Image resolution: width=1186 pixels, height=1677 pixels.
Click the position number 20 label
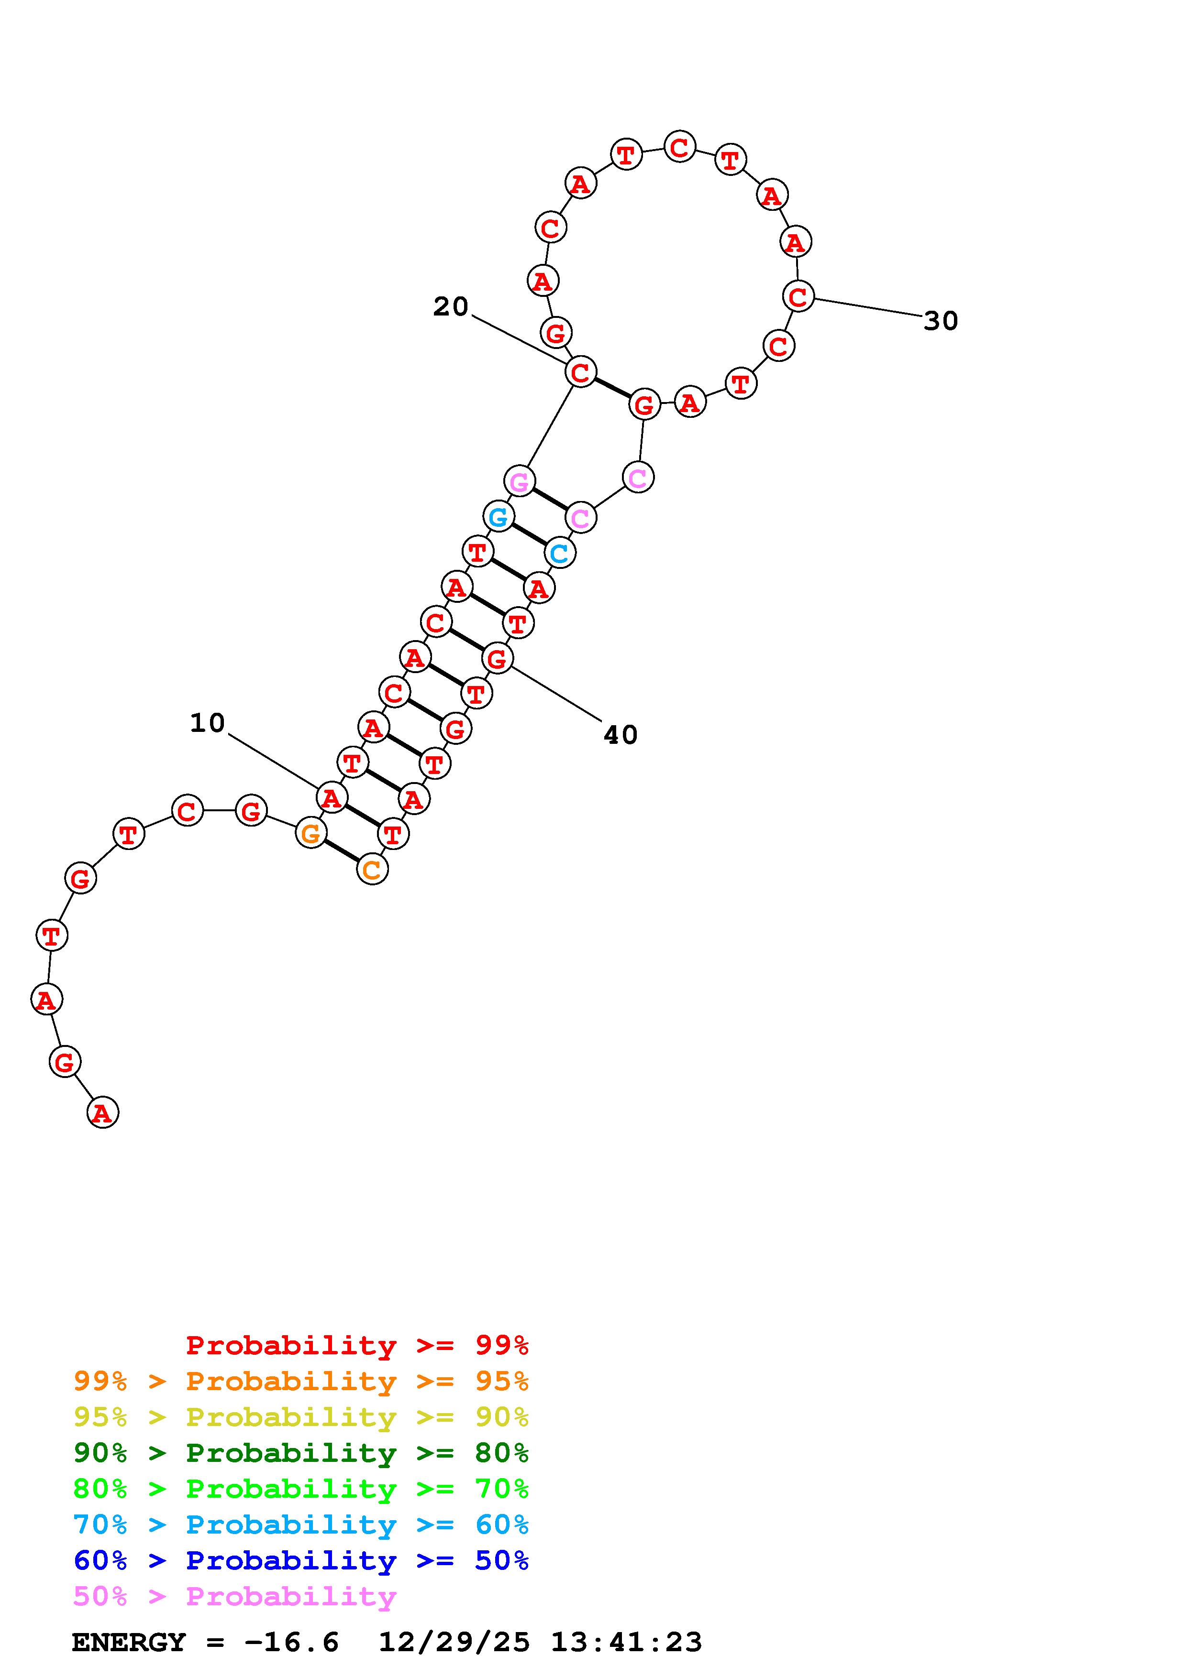click(x=450, y=307)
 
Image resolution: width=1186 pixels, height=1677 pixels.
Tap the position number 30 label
click(x=941, y=321)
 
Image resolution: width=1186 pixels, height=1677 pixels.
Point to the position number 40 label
click(x=621, y=735)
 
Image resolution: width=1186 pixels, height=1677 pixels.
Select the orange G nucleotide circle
click(x=310, y=833)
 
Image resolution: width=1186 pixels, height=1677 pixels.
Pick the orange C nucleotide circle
click(x=372, y=869)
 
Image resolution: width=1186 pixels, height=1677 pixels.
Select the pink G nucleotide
click(x=519, y=481)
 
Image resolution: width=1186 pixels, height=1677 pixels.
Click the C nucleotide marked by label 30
click(x=798, y=296)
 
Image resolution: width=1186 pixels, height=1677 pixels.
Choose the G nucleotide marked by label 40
click(x=497, y=659)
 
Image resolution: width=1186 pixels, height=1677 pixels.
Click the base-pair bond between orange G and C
click(x=341, y=851)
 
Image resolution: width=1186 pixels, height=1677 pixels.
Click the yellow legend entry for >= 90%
click(x=300, y=1417)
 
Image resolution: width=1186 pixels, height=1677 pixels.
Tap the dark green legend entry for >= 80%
click(x=300, y=1453)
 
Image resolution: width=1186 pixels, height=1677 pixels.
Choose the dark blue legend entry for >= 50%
click(x=300, y=1560)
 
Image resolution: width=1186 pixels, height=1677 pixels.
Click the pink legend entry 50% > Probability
click(x=234, y=1596)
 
